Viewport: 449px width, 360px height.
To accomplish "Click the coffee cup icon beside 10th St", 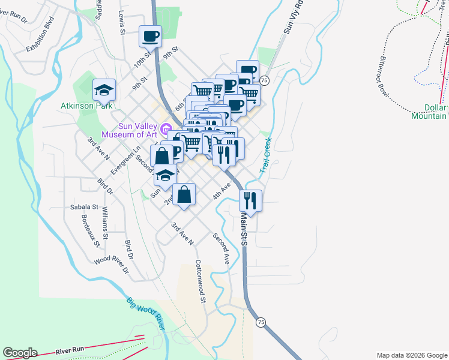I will tap(150, 36).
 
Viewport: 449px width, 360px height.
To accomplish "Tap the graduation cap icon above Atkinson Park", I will tap(104, 90).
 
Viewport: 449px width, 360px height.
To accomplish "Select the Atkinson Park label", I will tap(86, 106).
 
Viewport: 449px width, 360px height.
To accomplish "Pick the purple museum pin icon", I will tap(166, 127).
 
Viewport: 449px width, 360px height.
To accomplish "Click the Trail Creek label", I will tap(265, 155).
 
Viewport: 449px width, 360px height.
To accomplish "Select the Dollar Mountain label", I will tap(429, 112).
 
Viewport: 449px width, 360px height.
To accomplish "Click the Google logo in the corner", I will tap(20, 353).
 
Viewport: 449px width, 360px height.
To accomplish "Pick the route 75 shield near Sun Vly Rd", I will tap(265, 80).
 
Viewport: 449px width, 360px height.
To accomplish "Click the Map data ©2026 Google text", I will tap(411, 355).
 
